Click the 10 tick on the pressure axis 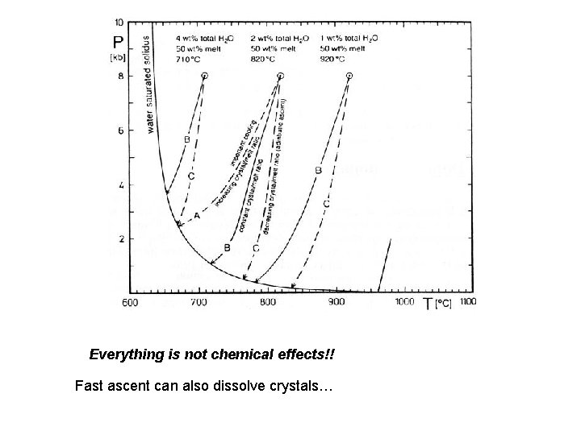click(x=119, y=22)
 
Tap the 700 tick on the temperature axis click(x=198, y=302)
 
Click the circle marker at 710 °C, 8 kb click(x=203, y=75)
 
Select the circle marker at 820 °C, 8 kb click(x=280, y=75)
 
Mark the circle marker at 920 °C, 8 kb click(x=349, y=75)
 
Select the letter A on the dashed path click(x=197, y=216)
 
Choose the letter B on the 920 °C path click(x=319, y=170)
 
